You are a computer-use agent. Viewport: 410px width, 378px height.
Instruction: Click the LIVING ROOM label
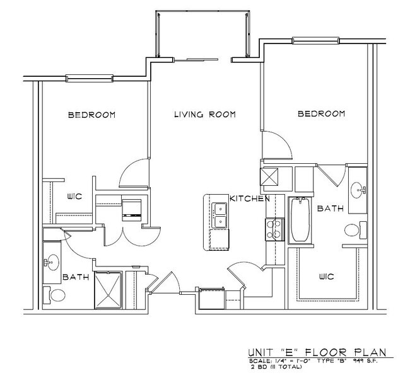coord(204,115)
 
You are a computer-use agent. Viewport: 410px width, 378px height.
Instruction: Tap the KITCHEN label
coord(250,198)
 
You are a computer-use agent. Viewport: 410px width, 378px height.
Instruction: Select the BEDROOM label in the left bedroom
coord(92,115)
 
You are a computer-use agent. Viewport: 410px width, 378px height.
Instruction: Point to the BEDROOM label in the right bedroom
coord(321,114)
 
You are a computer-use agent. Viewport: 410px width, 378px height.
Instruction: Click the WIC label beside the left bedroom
coord(76,197)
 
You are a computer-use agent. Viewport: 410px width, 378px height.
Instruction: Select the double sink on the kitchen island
coord(220,215)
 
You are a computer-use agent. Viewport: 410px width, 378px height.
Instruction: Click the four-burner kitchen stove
coord(274,229)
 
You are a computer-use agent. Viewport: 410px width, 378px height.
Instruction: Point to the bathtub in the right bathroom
coord(299,220)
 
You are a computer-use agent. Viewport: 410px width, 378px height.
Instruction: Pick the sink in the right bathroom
coord(358,188)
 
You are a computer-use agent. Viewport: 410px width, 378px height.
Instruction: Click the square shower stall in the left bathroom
coord(108,292)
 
